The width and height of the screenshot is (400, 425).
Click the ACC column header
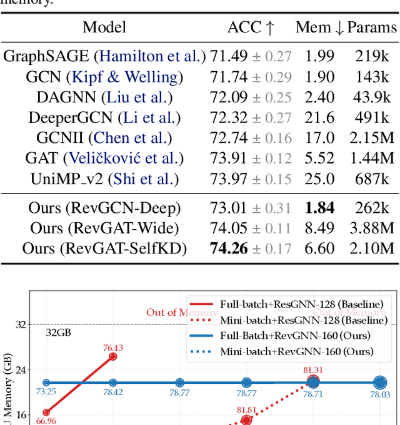tap(251, 27)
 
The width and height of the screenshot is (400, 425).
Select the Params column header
tap(372, 27)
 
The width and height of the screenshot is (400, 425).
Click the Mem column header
tap(319, 27)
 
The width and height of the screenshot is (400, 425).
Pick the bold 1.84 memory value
tap(319, 208)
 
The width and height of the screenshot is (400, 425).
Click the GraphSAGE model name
tap(47, 56)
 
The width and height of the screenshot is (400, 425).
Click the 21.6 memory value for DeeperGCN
tap(319, 118)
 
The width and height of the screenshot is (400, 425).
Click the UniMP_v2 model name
tap(67, 179)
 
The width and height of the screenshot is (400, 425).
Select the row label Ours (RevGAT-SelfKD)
tap(104, 248)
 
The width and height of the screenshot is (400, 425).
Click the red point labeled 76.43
tap(113, 356)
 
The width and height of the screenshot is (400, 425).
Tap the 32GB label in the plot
tap(59, 333)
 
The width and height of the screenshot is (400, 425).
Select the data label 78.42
tap(112, 393)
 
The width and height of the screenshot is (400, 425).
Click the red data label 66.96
tap(46, 421)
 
